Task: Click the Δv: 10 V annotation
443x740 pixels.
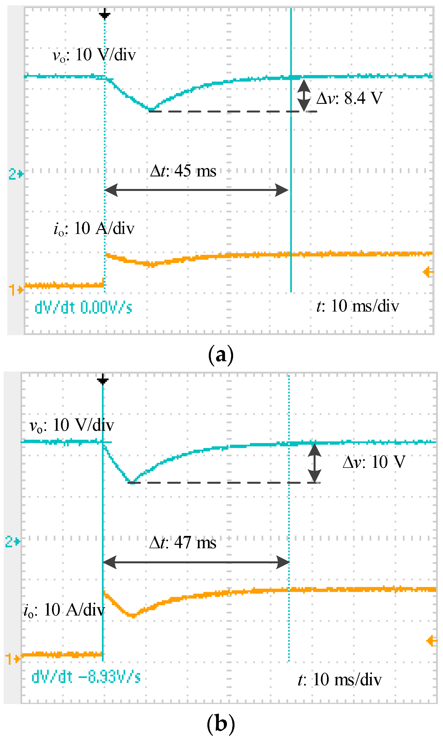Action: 374,462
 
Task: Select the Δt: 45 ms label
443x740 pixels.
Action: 183,171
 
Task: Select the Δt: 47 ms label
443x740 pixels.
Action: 183,542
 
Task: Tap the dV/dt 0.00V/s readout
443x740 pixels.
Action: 83,308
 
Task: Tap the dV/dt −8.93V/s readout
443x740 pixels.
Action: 86,677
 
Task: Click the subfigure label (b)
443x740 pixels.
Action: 221,724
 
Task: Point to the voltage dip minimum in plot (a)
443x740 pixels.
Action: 151,110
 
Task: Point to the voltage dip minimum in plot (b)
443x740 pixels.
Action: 132,482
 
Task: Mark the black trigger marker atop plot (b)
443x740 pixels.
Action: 103,380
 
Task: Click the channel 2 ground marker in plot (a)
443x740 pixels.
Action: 16,174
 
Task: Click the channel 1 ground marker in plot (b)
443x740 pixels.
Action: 13,658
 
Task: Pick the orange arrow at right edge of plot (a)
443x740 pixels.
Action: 428,272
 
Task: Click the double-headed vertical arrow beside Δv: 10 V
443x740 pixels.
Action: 314,463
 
